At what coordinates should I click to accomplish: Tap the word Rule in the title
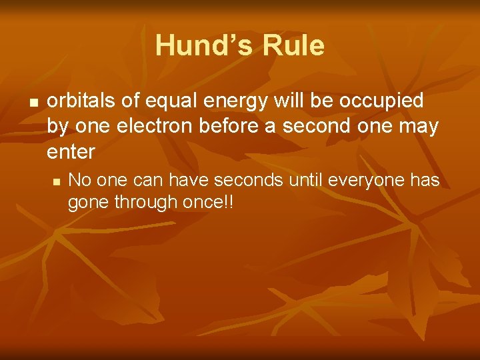click(294, 46)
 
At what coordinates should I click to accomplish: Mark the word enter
click(71, 152)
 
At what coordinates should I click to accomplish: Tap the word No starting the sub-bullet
click(80, 180)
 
